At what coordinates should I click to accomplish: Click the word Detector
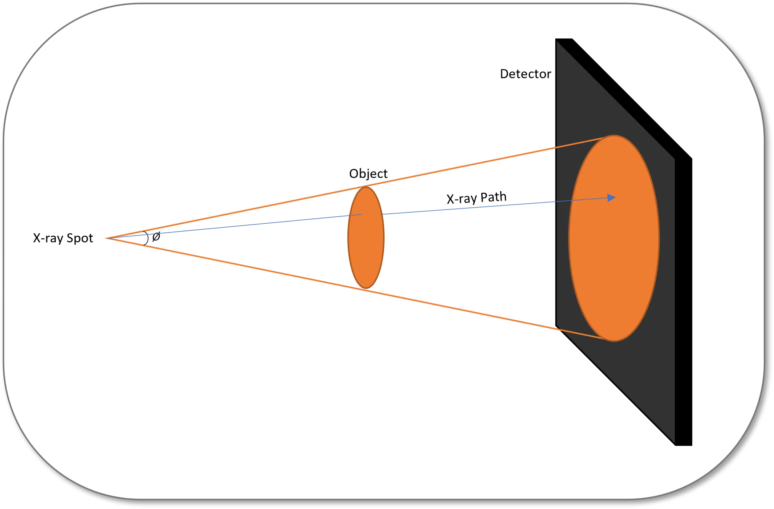pyautogui.click(x=525, y=74)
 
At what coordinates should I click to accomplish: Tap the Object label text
pyautogui.click(x=368, y=174)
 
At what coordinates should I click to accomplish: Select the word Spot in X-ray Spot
pyautogui.click(x=80, y=238)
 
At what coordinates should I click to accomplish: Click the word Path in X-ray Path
pyautogui.click(x=493, y=197)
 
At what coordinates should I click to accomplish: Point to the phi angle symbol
pyautogui.click(x=156, y=237)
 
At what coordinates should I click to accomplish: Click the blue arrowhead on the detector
pyautogui.click(x=611, y=198)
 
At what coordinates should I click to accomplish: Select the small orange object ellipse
pyautogui.click(x=366, y=238)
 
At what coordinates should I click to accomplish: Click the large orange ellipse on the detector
pyautogui.click(x=614, y=238)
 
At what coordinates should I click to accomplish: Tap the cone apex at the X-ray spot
pyautogui.click(x=106, y=238)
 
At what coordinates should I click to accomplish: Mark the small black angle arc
pyautogui.click(x=146, y=238)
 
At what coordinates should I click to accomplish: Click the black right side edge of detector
pyautogui.click(x=683, y=302)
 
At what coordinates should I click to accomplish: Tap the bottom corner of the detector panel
pyautogui.click(x=675, y=445)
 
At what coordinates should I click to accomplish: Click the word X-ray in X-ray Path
pyautogui.click(x=462, y=199)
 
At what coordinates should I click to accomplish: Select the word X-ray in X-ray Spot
pyautogui.click(x=48, y=238)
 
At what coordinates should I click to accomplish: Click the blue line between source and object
pyautogui.click(x=234, y=227)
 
